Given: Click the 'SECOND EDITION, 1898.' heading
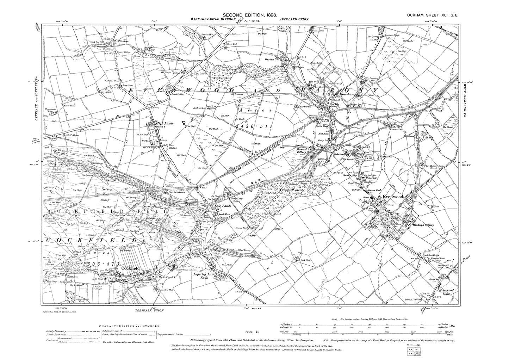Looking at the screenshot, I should click(x=250, y=15).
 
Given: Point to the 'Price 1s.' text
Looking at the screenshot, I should click(x=252, y=332).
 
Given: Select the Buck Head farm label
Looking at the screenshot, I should click(x=300, y=260).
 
